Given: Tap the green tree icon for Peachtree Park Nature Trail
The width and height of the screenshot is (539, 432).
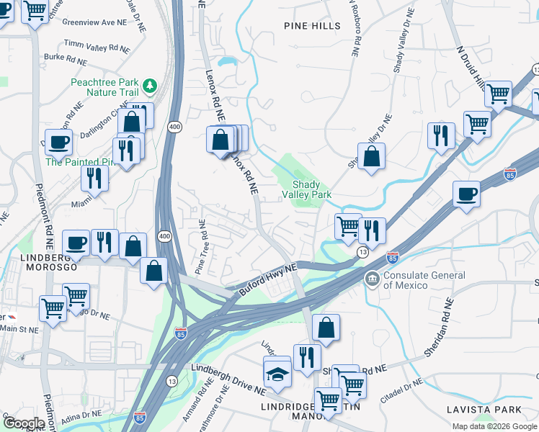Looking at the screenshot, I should [150, 86].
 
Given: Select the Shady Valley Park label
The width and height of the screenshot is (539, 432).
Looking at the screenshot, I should [311, 189].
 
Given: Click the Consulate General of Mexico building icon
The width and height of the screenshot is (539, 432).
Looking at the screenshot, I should [372, 279].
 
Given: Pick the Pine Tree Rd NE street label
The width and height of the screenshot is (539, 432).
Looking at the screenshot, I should [204, 248].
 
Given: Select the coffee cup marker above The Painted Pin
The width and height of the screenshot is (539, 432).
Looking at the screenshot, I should [58, 141].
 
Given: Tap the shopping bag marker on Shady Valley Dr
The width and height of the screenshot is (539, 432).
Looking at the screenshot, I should [371, 156].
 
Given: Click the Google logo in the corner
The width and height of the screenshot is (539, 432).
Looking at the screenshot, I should [24, 423].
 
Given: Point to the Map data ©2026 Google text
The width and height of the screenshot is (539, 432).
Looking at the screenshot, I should [494, 426].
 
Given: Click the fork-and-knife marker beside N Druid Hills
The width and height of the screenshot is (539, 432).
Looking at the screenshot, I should [440, 135].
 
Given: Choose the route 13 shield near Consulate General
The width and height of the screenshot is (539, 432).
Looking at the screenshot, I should [362, 250].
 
